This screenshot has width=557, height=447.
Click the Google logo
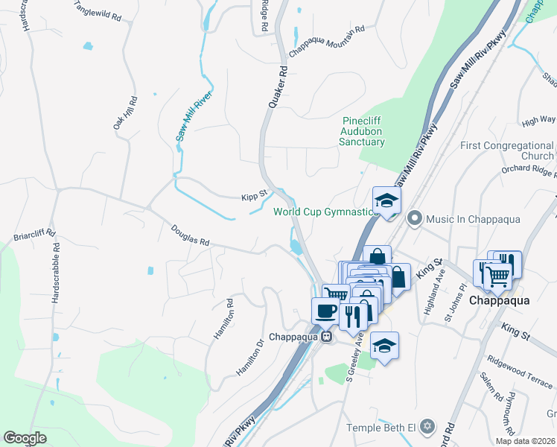point(25,438)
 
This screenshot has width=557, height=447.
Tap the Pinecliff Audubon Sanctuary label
point(363,131)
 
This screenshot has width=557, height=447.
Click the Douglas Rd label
point(190,235)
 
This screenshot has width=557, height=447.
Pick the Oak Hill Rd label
point(124,114)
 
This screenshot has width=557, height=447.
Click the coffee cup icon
point(325,310)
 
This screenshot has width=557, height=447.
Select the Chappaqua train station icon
point(326,337)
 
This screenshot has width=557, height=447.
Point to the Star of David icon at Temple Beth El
point(426,427)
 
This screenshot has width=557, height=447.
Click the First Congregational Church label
point(506,150)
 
